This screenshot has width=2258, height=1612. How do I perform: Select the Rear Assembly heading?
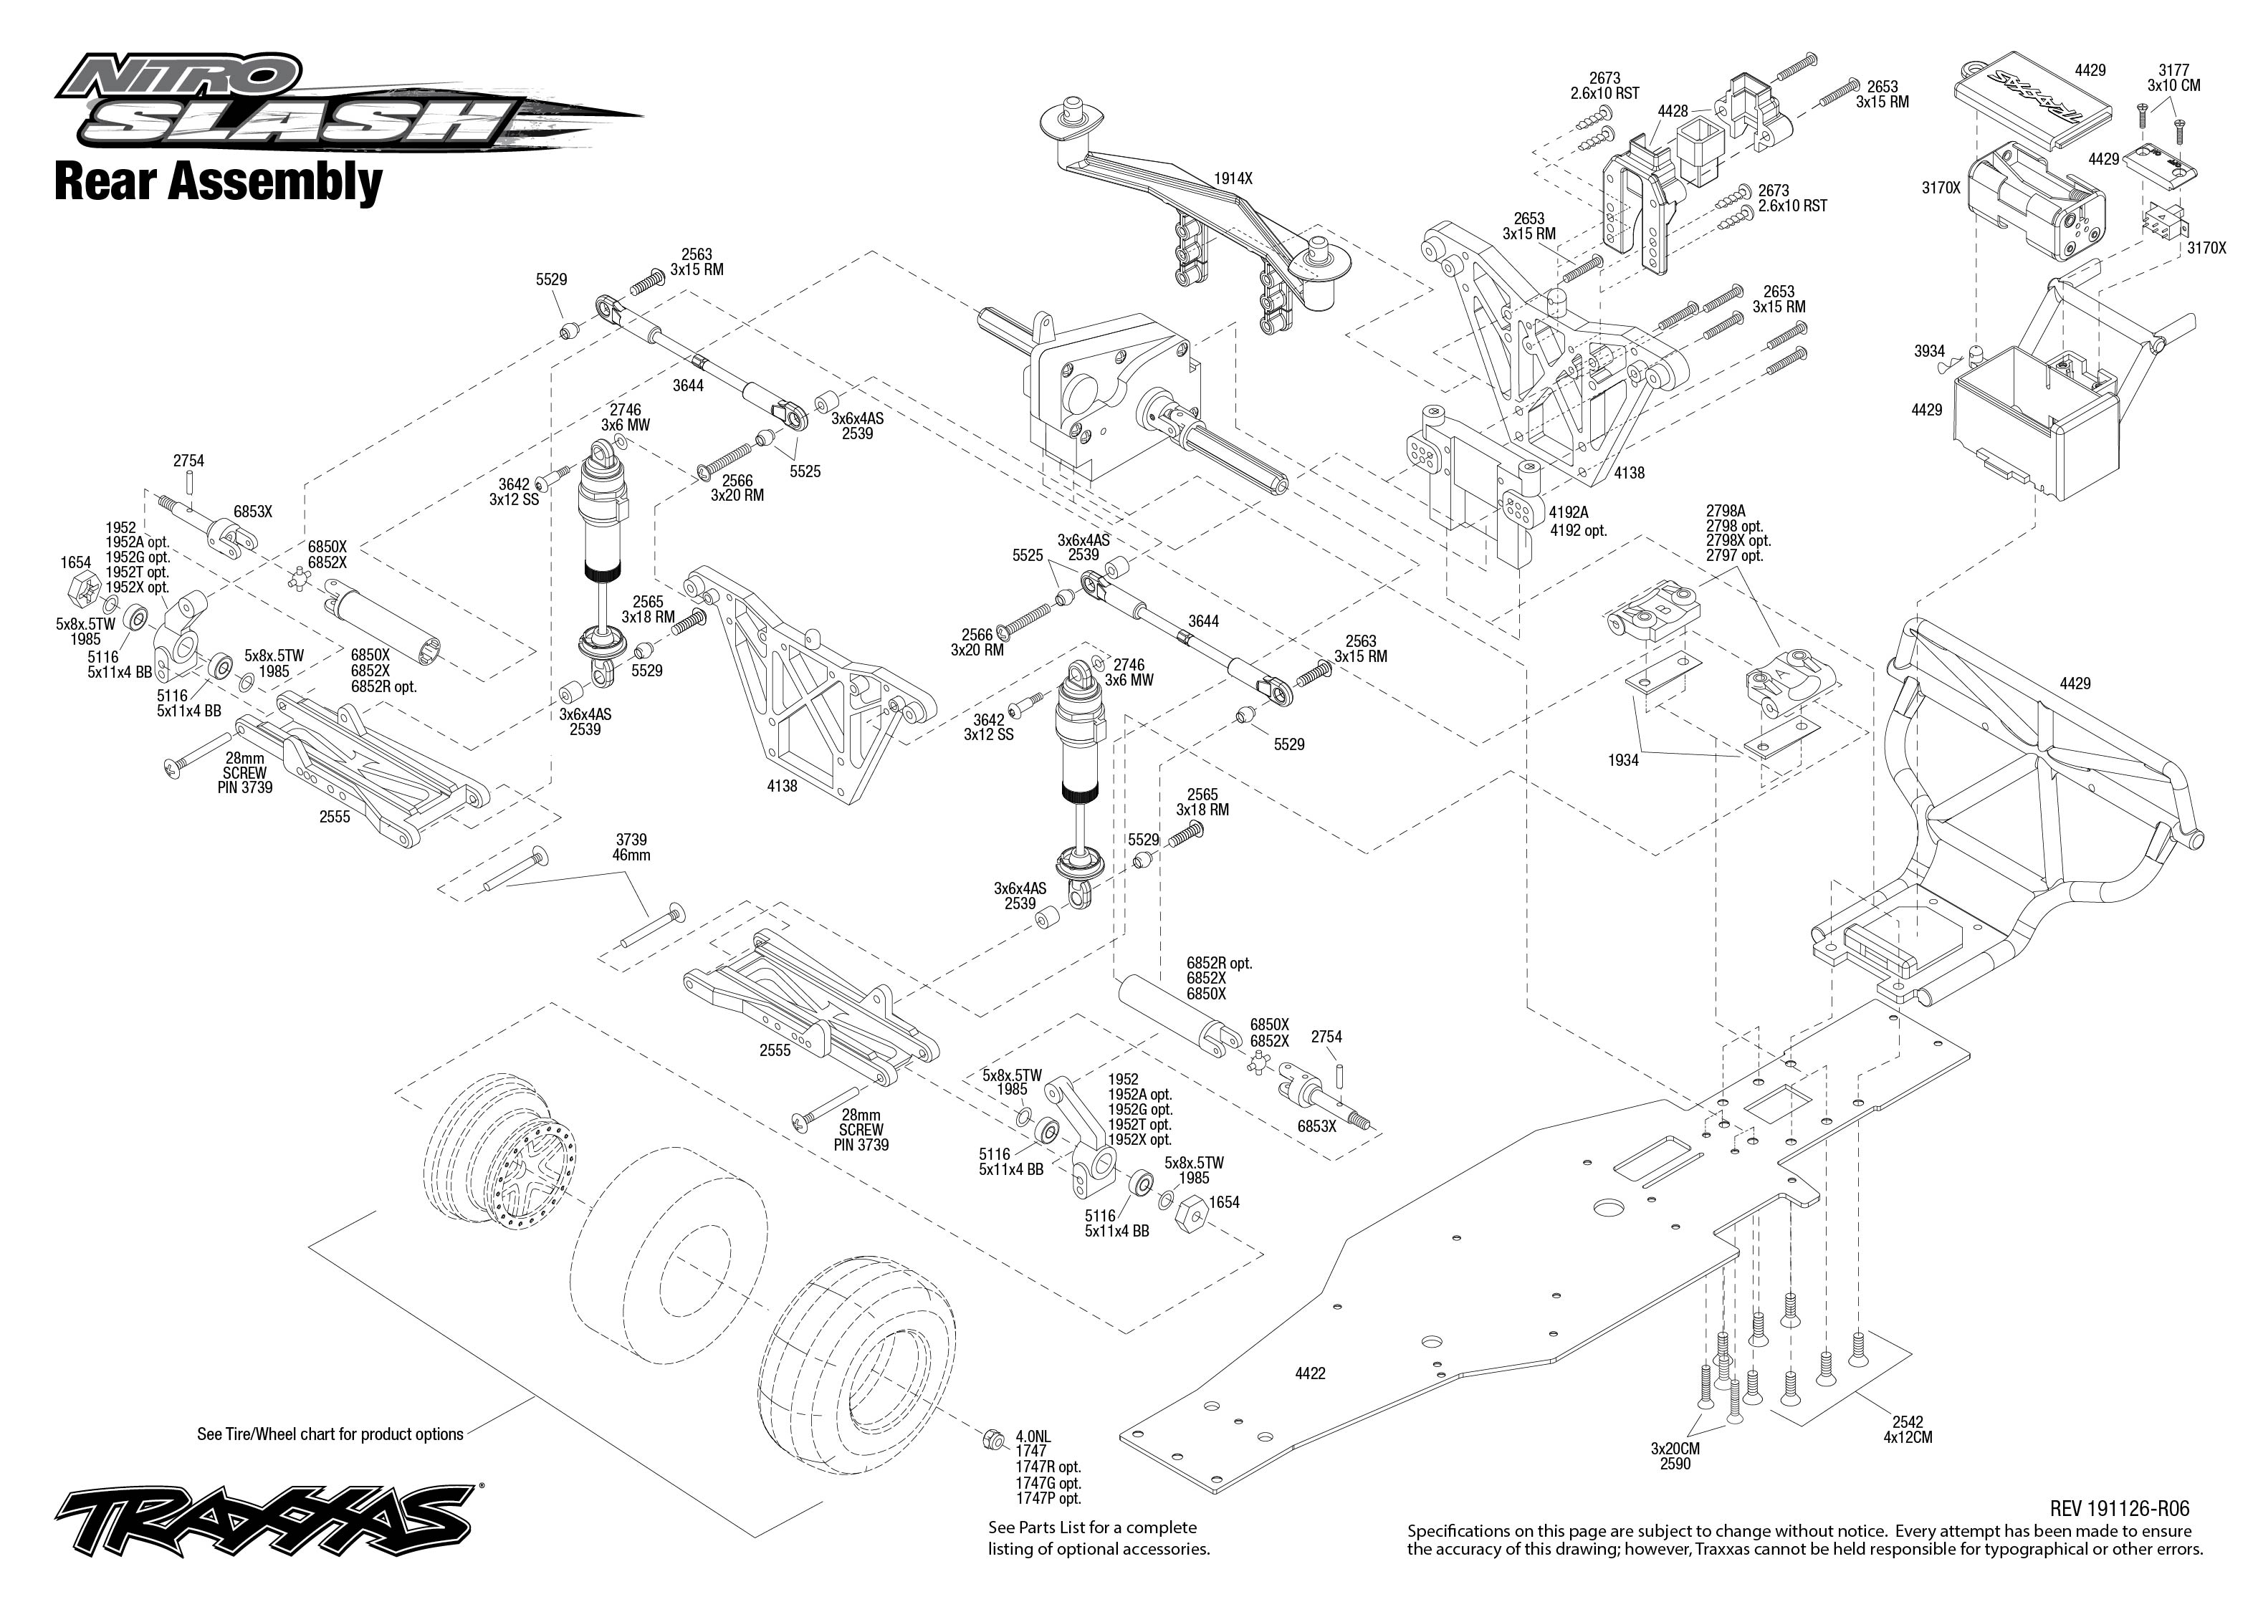click(219, 183)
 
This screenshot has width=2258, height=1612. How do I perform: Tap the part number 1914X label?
click(1233, 178)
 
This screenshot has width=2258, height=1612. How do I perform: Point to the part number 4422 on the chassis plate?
click(1310, 1373)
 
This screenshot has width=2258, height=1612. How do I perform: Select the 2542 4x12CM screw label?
click(1908, 1429)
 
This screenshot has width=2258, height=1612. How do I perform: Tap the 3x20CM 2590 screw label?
click(1675, 1456)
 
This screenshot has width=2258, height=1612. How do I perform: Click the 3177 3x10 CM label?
click(2173, 77)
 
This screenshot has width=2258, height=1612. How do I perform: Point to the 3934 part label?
click(1930, 351)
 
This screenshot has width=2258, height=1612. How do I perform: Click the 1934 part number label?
click(1624, 760)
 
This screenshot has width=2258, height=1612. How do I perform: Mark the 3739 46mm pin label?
click(631, 847)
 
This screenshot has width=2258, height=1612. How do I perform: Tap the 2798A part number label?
click(1725, 512)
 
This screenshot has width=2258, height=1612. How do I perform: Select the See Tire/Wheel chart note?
click(330, 1434)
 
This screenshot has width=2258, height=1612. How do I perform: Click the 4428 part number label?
click(1673, 111)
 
